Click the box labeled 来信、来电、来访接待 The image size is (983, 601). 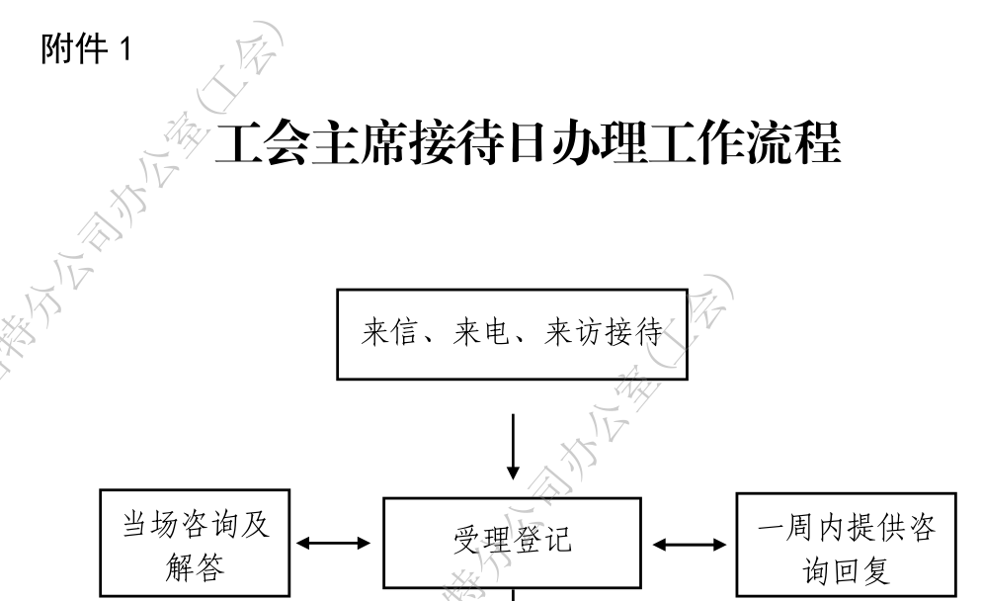point(512,335)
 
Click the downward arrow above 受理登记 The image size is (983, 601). point(513,446)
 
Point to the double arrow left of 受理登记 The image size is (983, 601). point(335,543)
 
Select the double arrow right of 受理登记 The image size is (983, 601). point(689,543)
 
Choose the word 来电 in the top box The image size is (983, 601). point(481,335)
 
